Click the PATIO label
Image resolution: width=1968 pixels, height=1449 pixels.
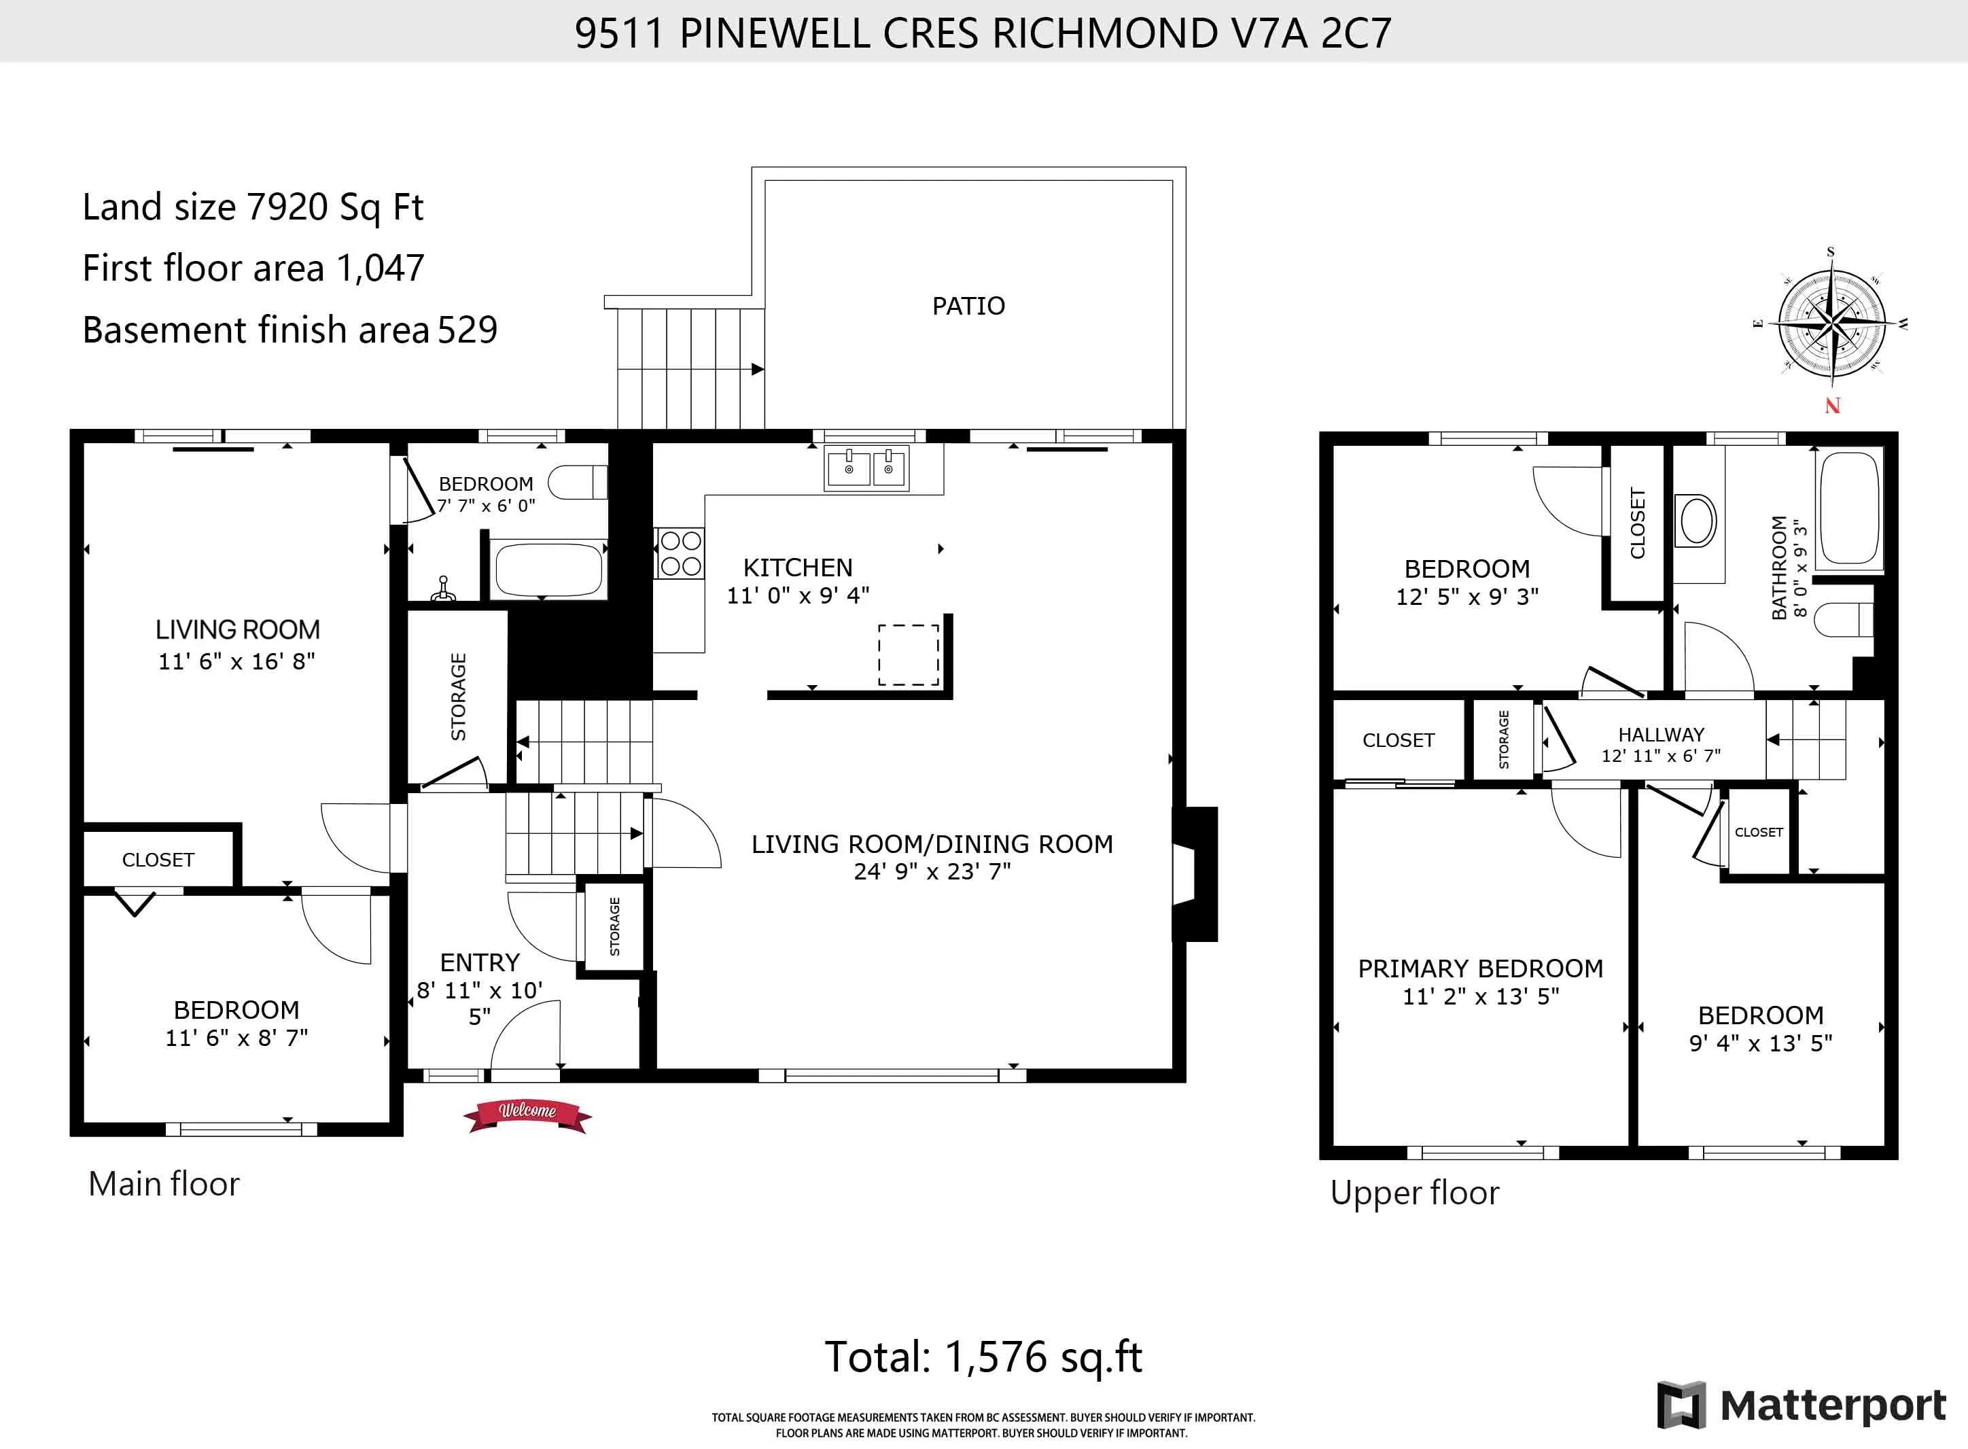968,306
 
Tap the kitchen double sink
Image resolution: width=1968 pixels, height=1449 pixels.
866,468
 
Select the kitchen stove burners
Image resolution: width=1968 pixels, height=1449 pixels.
680,553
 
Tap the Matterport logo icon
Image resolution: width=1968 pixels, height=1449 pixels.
1681,1404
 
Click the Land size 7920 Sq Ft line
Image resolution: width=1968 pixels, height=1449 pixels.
253,208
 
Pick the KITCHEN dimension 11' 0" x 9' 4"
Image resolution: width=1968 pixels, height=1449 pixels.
797,595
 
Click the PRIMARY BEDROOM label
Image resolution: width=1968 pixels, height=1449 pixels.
1480,968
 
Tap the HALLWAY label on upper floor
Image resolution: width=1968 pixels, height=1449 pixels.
1661,734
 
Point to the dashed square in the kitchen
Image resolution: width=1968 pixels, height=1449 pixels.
909,654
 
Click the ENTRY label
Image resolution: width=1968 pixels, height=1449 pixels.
480,962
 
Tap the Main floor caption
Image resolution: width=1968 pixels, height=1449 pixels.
163,1184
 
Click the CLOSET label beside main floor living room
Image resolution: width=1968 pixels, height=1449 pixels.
158,860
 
